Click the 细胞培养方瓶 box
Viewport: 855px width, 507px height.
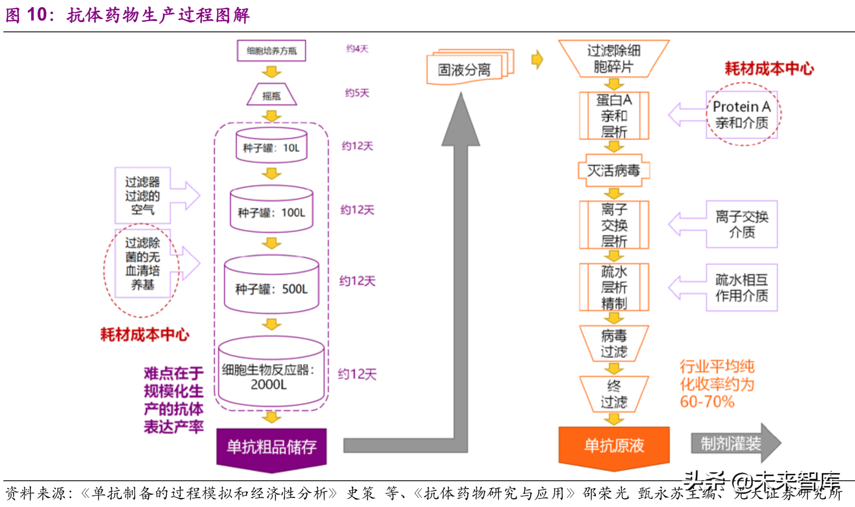271,50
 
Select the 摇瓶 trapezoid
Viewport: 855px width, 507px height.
272,95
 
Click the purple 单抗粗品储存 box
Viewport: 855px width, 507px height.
272,447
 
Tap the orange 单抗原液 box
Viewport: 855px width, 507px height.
614,446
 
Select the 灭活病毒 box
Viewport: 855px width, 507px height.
614,170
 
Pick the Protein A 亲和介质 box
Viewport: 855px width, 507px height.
742,115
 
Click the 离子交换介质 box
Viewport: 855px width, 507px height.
742,224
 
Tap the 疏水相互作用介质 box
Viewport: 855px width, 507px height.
742,288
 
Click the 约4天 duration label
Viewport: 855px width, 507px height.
357,49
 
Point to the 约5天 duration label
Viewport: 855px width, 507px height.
357,93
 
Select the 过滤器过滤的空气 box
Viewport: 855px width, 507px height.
142,196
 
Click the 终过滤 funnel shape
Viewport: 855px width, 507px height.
614,394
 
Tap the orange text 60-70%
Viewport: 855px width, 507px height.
707,402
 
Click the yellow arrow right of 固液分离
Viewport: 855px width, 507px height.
537,59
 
